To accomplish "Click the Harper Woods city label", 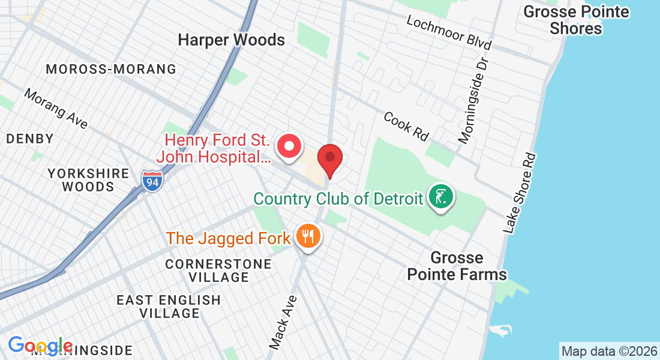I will (x=232, y=40).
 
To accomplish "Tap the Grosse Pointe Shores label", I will (x=576, y=20).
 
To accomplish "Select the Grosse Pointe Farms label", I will (x=457, y=266).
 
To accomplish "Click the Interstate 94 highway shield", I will (x=153, y=181).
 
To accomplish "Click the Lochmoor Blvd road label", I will (x=449, y=32).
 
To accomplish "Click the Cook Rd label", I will (x=407, y=127).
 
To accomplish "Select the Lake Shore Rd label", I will (x=520, y=193).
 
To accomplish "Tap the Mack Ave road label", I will (x=283, y=322).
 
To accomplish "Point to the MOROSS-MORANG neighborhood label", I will (x=112, y=69).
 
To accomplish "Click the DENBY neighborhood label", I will (x=30, y=139).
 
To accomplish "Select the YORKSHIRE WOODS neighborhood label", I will (x=88, y=180).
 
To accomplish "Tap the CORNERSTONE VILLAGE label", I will (x=207, y=271).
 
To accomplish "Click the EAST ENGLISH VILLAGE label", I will (x=169, y=306).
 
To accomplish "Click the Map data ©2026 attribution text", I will (x=608, y=351).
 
